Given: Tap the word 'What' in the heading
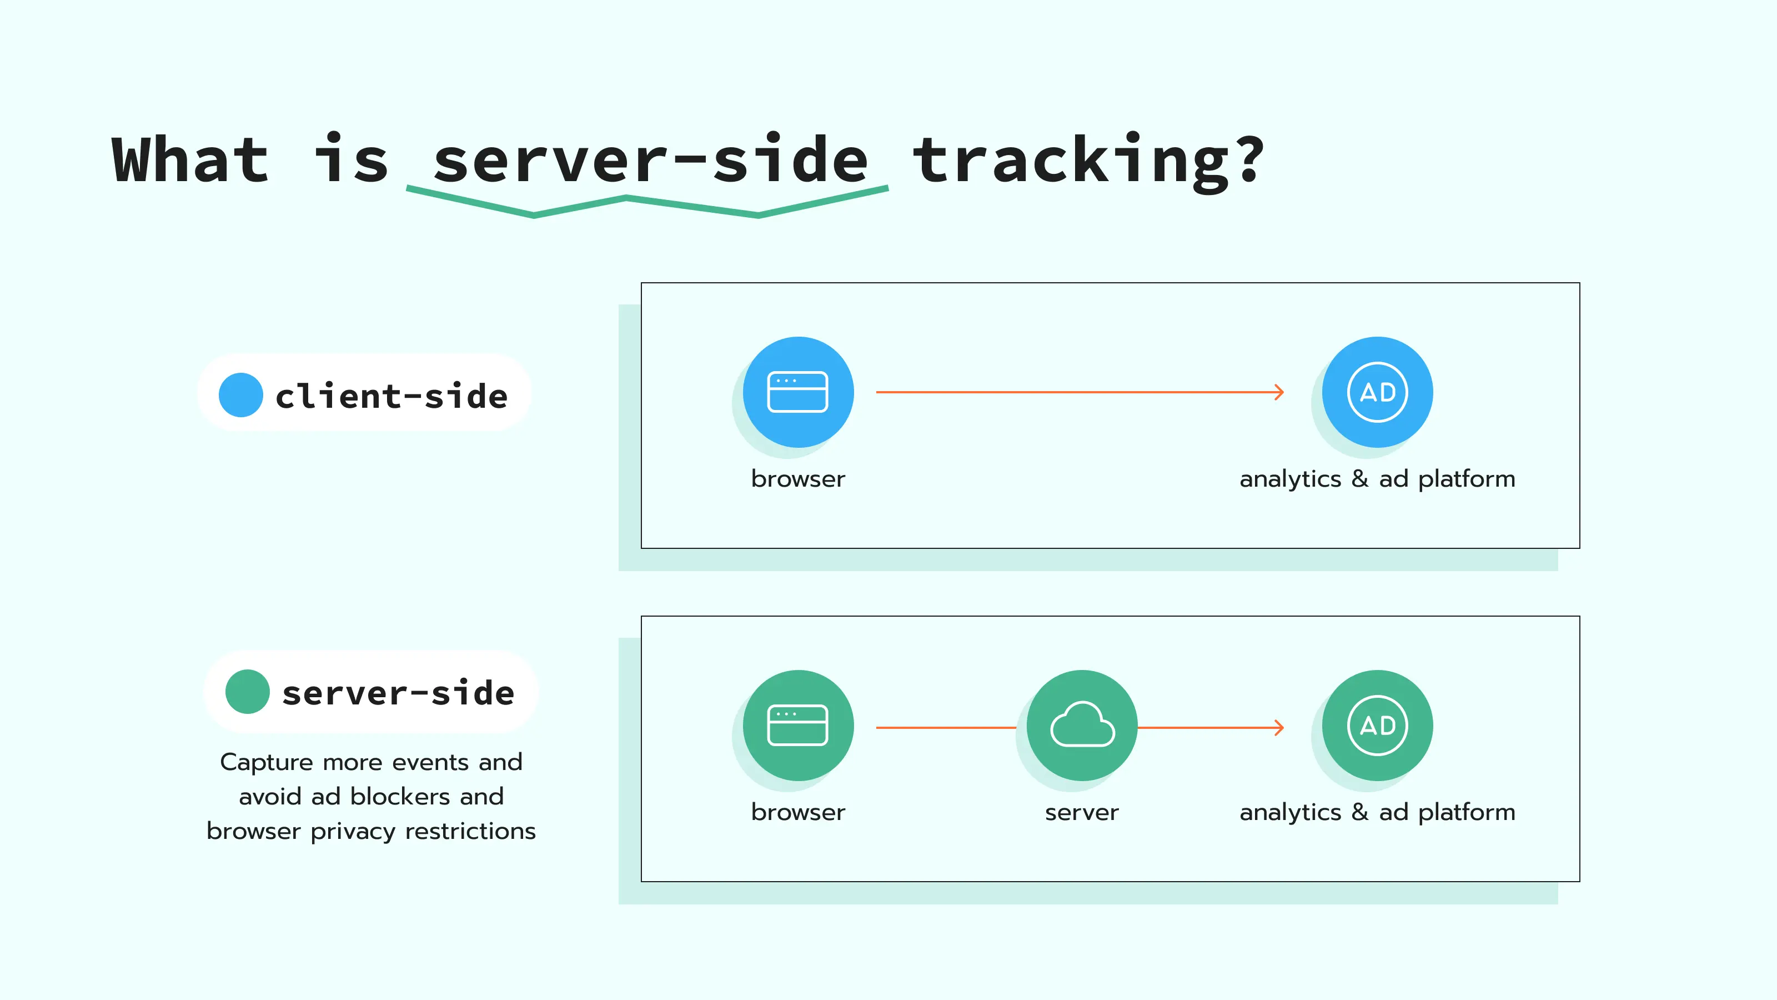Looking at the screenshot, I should (x=190, y=161).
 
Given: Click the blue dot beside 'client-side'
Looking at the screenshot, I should (x=241, y=395).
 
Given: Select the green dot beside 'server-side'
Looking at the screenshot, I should (x=247, y=692).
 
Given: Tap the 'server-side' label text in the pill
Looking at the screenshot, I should (x=398, y=693).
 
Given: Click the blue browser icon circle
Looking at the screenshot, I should (x=798, y=392).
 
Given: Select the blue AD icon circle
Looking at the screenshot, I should (x=1377, y=392).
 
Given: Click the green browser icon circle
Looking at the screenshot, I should (x=798, y=726).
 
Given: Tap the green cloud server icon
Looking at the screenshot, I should (x=1082, y=726).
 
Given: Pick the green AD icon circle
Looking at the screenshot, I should (x=1377, y=726).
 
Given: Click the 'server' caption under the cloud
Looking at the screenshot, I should (x=1082, y=812).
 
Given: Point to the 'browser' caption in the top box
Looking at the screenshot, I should (x=798, y=479).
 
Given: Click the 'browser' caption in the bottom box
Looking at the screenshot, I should (x=798, y=812).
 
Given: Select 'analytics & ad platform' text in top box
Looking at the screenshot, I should (x=1377, y=479).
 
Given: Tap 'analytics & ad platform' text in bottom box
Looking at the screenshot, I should (x=1377, y=812).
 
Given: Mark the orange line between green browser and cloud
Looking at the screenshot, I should (x=945, y=727).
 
